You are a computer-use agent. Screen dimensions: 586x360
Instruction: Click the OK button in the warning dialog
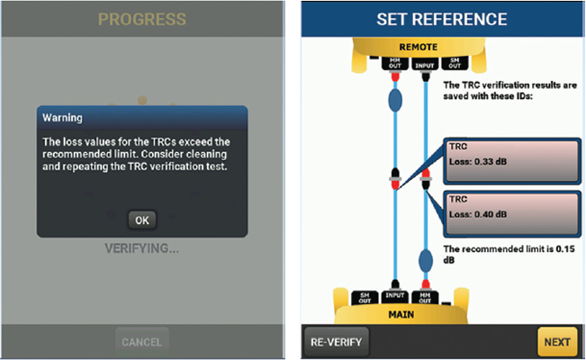coord(142,220)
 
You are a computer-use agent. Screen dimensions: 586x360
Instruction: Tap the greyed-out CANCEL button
coord(142,342)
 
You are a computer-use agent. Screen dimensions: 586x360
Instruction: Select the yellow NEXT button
coord(557,342)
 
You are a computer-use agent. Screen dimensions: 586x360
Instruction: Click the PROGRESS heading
coord(142,20)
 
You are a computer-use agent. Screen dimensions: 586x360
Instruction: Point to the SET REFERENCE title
coord(442,20)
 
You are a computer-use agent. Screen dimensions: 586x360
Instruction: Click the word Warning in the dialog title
coord(62,118)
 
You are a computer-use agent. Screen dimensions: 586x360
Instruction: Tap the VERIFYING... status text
coord(141,248)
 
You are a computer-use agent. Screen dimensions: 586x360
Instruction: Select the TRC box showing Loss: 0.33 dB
coord(512,161)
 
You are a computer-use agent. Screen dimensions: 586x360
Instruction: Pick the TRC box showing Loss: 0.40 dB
coord(512,214)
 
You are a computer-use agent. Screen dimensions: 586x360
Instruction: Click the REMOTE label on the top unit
coord(419,47)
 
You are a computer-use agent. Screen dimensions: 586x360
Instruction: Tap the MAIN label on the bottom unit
coord(401,314)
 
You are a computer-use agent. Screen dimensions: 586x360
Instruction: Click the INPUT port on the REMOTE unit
coord(425,65)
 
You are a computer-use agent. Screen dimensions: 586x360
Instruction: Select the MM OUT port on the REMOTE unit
coord(394,63)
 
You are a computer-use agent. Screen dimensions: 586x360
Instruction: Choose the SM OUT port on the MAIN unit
coord(365,298)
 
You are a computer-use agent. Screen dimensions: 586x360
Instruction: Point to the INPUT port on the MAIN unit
coord(394,296)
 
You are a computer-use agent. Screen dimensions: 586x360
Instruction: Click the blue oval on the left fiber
coord(395,100)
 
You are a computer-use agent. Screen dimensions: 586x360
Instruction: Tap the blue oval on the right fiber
coord(425,261)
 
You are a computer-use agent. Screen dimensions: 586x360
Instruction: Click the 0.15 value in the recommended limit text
coord(565,249)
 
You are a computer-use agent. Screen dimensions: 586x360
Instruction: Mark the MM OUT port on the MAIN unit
coord(425,298)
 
